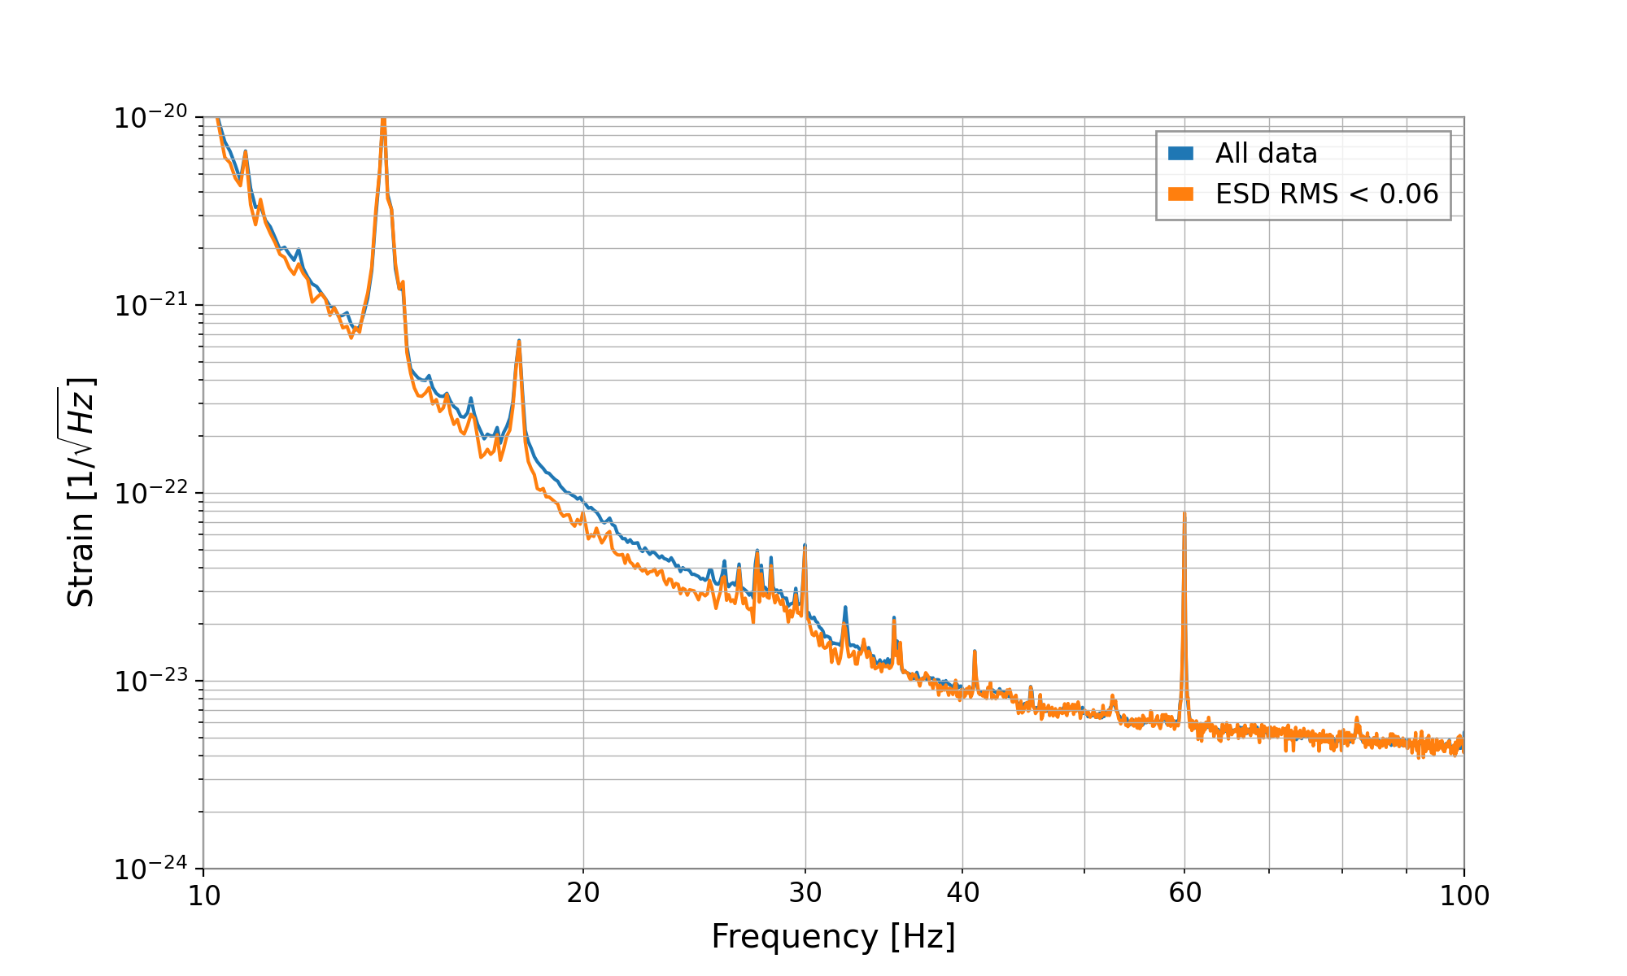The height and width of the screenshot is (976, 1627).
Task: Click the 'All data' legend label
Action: tap(1266, 154)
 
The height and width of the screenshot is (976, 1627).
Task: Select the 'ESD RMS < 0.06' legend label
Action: tap(1327, 194)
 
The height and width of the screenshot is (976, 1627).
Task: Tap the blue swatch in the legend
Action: tap(1180, 154)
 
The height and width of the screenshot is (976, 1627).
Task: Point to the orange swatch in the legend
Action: tap(1180, 194)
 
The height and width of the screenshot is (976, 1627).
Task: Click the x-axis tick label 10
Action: tap(203, 895)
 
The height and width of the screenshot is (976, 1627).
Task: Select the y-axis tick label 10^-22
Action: tap(150, 494)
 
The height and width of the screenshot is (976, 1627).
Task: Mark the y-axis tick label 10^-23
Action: tap(150, 682)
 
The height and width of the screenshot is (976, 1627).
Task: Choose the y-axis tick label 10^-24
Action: tap(150, 869)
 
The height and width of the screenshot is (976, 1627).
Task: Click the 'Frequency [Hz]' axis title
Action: tap(833, 937)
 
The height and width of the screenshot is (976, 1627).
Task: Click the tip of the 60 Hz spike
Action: tap(1184, 513)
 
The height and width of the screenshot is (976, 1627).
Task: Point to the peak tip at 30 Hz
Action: tap(805, 545)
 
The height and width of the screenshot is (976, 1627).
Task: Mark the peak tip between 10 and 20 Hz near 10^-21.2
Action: tap(518, 341)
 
